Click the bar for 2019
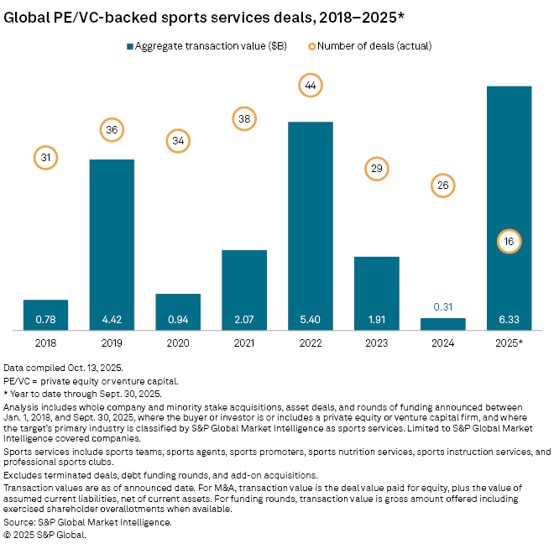click(x=112, y=243)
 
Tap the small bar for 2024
click(x=443, y=324)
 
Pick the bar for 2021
click(x=244, y=290)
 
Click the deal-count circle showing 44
click(x=311, y=85)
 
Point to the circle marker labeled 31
click(x=45, y=157)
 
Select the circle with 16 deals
click(x=510, y=242)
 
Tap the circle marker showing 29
click(x=377, y=169)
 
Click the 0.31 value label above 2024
click(x=443, y=307)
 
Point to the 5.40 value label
click(x=311, y=320)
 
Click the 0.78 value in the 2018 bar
click(x=45, y=320)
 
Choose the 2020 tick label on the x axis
click(x=178, y=344)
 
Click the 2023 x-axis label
click(x=377, y=344)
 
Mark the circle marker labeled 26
click(x=443, y=185)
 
